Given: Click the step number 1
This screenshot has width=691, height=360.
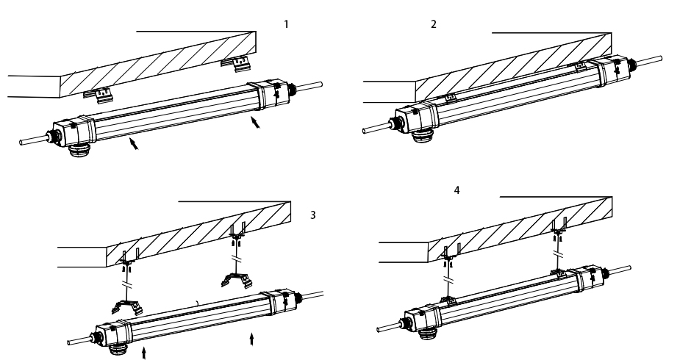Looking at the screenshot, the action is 287,24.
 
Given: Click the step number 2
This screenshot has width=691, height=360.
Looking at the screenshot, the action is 434,24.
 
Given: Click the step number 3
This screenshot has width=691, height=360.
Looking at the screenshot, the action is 313,215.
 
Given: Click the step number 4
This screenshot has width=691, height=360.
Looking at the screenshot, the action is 457,190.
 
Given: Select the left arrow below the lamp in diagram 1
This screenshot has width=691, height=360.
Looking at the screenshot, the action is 134,143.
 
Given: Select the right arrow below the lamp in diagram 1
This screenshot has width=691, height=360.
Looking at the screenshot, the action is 256,122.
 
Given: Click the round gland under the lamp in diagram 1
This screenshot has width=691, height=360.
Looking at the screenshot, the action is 79,151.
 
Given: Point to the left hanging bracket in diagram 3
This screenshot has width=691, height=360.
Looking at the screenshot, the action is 127,306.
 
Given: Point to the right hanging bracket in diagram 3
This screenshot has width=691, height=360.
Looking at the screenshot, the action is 237,280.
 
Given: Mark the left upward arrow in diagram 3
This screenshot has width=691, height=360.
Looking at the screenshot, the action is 143,353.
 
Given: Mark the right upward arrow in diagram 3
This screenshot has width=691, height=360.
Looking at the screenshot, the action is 251,339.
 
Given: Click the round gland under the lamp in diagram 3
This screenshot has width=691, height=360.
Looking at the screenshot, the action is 118,350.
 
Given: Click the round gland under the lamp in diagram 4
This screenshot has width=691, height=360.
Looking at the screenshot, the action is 426,334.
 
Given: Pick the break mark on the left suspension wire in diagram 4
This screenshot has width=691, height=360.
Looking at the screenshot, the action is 448,280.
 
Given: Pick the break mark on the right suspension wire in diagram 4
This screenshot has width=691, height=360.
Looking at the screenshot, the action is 559,255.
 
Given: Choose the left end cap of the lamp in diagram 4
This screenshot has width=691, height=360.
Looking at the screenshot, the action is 422,319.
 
